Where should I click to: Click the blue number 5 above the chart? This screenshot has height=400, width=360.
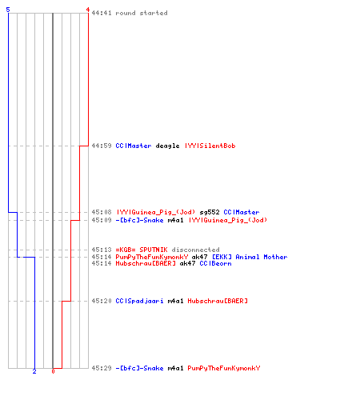[8, 10]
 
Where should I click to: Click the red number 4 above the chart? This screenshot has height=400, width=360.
[88, 10]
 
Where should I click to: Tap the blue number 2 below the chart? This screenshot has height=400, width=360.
[34, 371]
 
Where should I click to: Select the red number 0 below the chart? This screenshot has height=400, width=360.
[53, 371]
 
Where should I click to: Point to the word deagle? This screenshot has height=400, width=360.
[167, 146]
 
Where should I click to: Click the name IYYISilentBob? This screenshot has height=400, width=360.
[210, 146]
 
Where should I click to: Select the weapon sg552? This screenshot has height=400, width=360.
[210, 212]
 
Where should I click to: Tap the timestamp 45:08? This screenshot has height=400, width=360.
[102, 212]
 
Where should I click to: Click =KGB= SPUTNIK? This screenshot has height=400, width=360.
[142, 250]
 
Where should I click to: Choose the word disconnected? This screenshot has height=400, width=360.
[195, 250]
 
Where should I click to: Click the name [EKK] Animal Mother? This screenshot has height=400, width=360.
[250, 257]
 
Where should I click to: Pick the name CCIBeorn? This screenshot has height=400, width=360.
[215, 263]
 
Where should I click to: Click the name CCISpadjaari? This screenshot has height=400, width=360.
[139, 301]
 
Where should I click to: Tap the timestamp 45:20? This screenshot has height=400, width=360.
[102, 301]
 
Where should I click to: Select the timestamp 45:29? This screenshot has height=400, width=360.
[102, 368]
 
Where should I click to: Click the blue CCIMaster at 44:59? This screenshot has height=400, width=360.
[134, 146]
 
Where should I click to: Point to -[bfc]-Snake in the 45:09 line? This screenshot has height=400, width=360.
[139, 220]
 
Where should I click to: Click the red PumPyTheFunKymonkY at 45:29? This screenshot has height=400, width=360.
[224, 368]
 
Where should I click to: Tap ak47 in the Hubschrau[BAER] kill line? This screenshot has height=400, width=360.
[187, 263]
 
